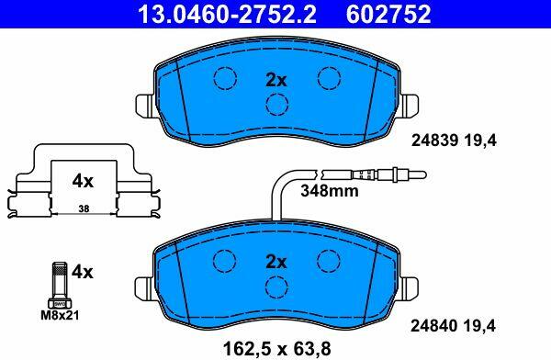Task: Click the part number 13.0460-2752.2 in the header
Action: tap(228, 14)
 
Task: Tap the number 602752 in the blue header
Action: tap(388, 14)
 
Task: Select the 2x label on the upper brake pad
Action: tap(276, 81)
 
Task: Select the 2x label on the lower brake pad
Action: tap(276, 262)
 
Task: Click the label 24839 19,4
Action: tap(454, 141)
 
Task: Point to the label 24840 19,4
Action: tap(454, 326)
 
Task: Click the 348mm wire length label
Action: tap(330, 191)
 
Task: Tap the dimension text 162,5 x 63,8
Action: tap(277, 349)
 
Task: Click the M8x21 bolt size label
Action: tap(60, 315)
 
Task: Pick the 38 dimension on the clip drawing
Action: tap(84, 208)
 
